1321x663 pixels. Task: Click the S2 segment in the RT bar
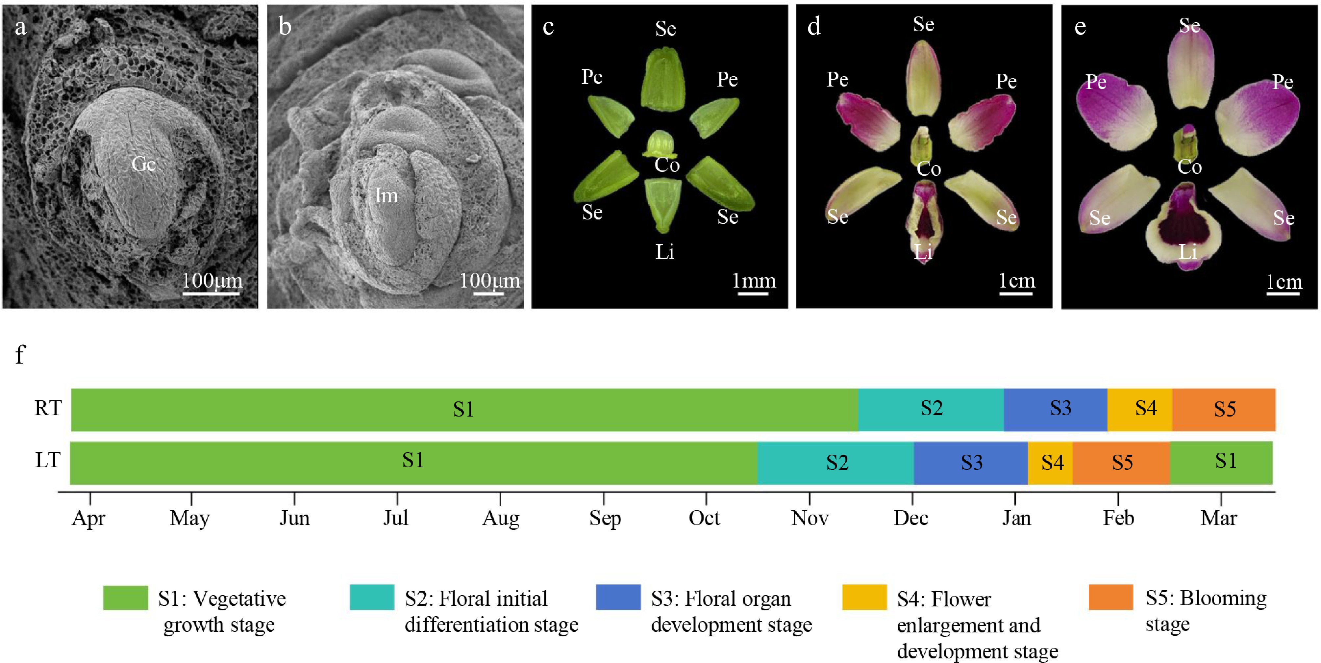pyautogui.click(x=931, y=410)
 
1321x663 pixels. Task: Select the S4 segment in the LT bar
pyautogui.click(x=1050, y=463)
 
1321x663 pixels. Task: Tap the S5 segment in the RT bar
pyautogui.click(x=1224, y=410)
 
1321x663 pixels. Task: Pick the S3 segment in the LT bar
pyautogui.click(x=971, y=463)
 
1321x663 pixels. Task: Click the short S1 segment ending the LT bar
pyautogui.click(x=1221, y=463)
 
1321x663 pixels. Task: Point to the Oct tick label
pyautogui.click(x=704, y=518)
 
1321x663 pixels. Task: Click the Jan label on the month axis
pyautogui.click(x=1016, y=518)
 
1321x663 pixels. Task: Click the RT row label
pyautogui.click(x=48, y=408)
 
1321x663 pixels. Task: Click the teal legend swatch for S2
pyautogui.click(x=372, y=597)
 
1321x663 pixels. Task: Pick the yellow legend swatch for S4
pyautogui.click(x=864, y=597)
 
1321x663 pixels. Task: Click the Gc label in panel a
pyautogui.click(x=143, y=164)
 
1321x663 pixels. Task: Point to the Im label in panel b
pyautogui.click(x=386, y=195)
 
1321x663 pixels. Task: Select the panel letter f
pyautogui.click(x=20, y=354)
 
